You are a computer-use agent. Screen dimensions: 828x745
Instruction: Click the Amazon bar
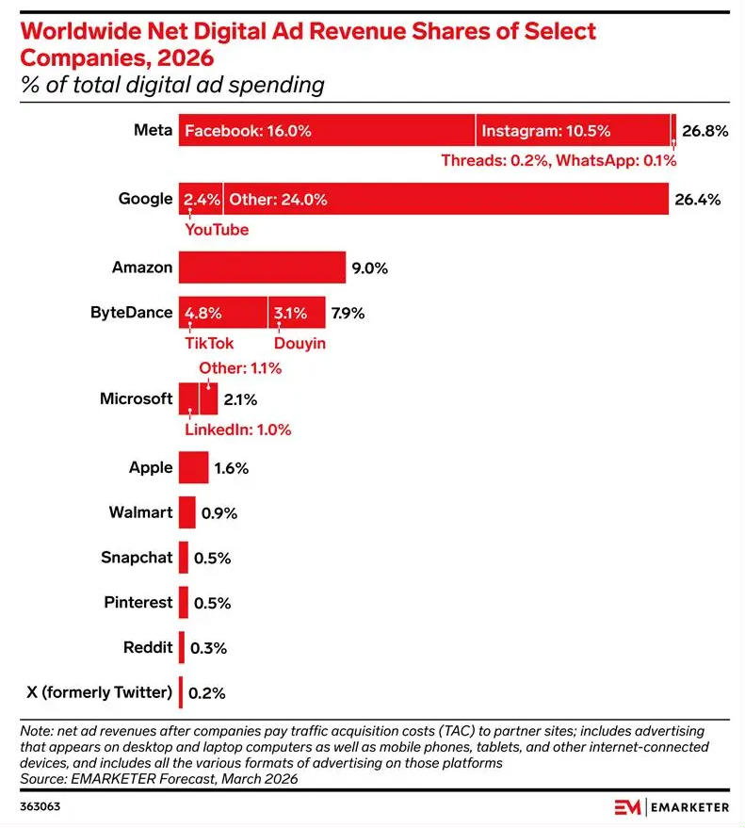[x=262, y=268]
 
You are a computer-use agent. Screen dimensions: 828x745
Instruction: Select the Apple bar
[x=193, y=468]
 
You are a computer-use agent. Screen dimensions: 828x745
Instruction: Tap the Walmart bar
[x=186, y=513]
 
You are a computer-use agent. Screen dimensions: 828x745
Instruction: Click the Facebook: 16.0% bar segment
[x=326, y=131]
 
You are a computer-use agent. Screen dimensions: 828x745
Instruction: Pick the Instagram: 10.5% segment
[x=573, y=131]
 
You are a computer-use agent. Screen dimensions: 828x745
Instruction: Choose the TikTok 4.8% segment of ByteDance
[x=222, y=313]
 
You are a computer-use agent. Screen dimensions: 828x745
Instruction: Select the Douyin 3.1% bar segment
[x=296, y=313]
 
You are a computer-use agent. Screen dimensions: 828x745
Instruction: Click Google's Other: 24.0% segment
[x=445, y=200]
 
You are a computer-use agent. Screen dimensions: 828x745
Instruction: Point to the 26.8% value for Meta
[x=705, y=132]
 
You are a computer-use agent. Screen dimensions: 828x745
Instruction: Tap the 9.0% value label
[x=369, y=268]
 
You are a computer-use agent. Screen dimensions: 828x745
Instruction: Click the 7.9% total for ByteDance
[x=347, y=313]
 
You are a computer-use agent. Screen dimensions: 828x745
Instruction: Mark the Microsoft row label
[x=136, y=398]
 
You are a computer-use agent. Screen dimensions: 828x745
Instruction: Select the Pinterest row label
[x=138, y=602]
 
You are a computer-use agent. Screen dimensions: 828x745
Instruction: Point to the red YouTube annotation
[x=217, y=230]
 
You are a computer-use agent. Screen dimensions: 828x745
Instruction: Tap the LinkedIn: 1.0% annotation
[x=237, y=430]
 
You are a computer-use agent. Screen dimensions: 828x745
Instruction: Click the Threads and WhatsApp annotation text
[x=559, y=160]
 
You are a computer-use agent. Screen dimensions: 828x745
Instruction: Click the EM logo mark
[x=627, y=806]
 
